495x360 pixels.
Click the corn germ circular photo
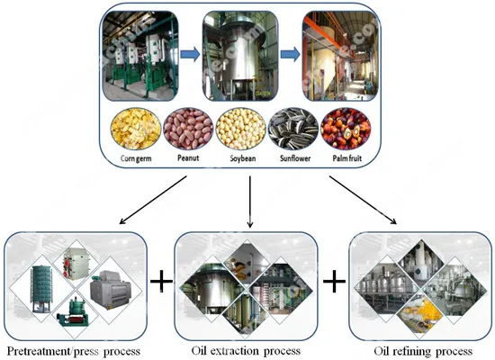pyautogui.click(x=135, y=130)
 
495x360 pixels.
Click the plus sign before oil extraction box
pyautogui.click(x=161, y=282)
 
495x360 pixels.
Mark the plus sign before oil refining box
pyautogui.click(x=334, y=282)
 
